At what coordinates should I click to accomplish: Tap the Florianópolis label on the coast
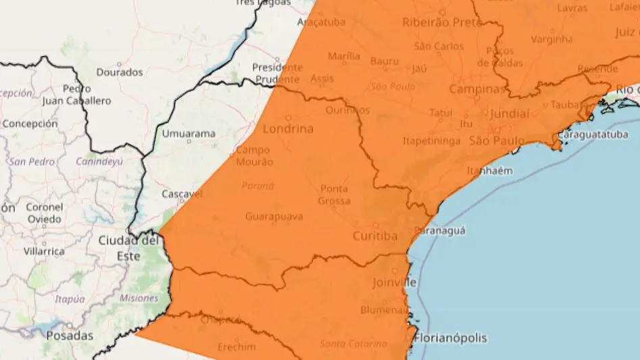pyautogui.click(x=451, y=337)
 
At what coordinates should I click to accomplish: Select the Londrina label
pyautogui.click(x=287, y=129)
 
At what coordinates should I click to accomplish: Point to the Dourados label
pyautogui.click(x=120, y=72)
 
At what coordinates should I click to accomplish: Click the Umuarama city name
pyautogui.click(x=189, y=134)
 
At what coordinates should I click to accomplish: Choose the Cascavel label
pyautogui.click(x=182, y=194)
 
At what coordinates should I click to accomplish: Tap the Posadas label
pyautogui.click(x=71, y=336)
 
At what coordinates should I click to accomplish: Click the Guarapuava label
pyautogui.click(x=274, y=217)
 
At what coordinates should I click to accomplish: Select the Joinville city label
pyautogui.click(x=395, y=282)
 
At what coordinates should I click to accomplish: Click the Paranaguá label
pyautogui.click(x=440, y=230)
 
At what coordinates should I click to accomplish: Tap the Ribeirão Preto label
pyautogui.click(x=442, y=22)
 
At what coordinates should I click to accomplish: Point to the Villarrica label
pyautogui.click(x=44, y=251)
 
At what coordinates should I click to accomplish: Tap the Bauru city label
pyautogui.click(x=384, y=61)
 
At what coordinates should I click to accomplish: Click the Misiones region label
pyautogui.click(x=139, y=298)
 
